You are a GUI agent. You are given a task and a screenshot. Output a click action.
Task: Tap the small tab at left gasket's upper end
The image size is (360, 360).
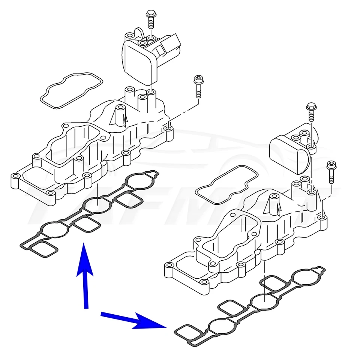153,174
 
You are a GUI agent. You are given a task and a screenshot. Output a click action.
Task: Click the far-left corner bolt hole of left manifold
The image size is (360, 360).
15,176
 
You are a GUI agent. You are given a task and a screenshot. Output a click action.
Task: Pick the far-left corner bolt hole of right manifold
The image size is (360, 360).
169,266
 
